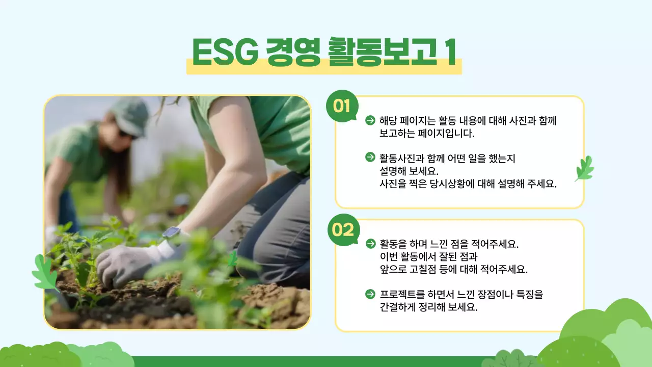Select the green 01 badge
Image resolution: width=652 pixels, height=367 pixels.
click(x=342, y=107)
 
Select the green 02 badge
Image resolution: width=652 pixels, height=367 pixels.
click(x=343, y=230)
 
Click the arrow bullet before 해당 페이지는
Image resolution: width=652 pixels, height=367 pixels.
click(x=370, y=120)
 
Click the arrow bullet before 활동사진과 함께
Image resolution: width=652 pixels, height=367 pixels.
click(x=370, y=157)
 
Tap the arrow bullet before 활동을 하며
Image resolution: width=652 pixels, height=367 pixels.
click(x=370, y=243)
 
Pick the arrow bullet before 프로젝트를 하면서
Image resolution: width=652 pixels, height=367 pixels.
click(x=370, y=294)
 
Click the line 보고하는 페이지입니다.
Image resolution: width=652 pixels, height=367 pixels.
click(x=427, y=135)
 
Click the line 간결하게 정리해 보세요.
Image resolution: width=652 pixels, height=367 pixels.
click(x=428, y=308)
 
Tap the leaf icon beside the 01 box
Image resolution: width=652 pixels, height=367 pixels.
click(x=584, y=169)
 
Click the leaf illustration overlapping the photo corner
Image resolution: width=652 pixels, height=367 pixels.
click(x=45, y=273)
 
